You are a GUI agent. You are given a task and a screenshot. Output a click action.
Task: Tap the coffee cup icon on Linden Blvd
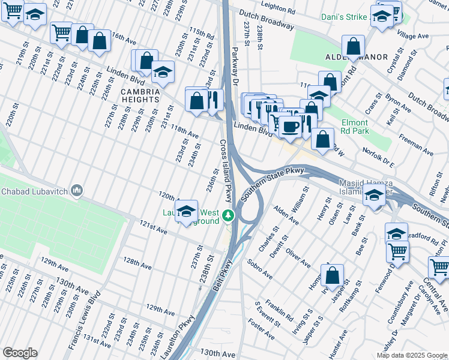[x=291, y=127]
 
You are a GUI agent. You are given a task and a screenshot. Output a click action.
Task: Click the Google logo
[x=20, y=353]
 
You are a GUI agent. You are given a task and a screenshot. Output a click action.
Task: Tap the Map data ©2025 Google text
[x=411, y=355]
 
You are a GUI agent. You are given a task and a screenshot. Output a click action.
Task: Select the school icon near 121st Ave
[x=187, y=211]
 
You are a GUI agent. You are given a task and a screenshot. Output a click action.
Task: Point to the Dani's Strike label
[x=343, y=18]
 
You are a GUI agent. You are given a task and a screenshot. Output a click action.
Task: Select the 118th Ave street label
[x=184, y=131]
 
